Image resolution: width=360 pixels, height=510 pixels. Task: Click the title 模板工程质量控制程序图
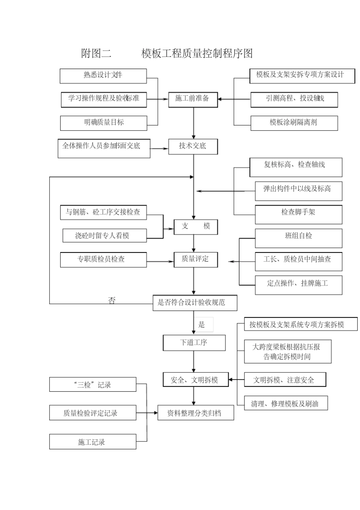coord(197,53)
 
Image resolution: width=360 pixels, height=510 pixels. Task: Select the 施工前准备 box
coord(193,99)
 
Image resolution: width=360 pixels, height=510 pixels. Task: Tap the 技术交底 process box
coord(193,146)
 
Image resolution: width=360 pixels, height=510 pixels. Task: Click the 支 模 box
coord(196,226)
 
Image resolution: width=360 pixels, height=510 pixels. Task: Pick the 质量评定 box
coord(196,259)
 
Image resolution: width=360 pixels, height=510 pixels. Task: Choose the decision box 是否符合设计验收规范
coord(195,303)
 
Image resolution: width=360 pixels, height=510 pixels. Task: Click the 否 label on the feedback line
coord(112,301)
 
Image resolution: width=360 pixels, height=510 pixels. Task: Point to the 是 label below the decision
coord(202,325)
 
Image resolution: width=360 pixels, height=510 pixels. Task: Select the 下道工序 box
coord(194,343)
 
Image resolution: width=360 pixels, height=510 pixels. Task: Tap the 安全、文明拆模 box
coord(196,380)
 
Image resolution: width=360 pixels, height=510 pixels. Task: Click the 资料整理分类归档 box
coord(196,413)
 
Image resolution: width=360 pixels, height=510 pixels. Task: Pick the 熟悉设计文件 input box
coord(103,76)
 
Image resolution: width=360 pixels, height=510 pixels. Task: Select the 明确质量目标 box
coord(103,123)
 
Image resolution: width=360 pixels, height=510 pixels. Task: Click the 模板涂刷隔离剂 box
coord(294,123)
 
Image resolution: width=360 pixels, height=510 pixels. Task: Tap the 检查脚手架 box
coord(298,214)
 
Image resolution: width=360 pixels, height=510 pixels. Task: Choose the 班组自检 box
coord(298,238)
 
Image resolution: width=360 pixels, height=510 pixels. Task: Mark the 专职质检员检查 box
coord(103,260)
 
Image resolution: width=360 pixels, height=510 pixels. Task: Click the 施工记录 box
coord(92,442)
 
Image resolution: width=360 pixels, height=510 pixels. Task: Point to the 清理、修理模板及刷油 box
coord(286,403)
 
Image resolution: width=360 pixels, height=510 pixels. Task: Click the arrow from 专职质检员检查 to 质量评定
coord(160,261)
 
